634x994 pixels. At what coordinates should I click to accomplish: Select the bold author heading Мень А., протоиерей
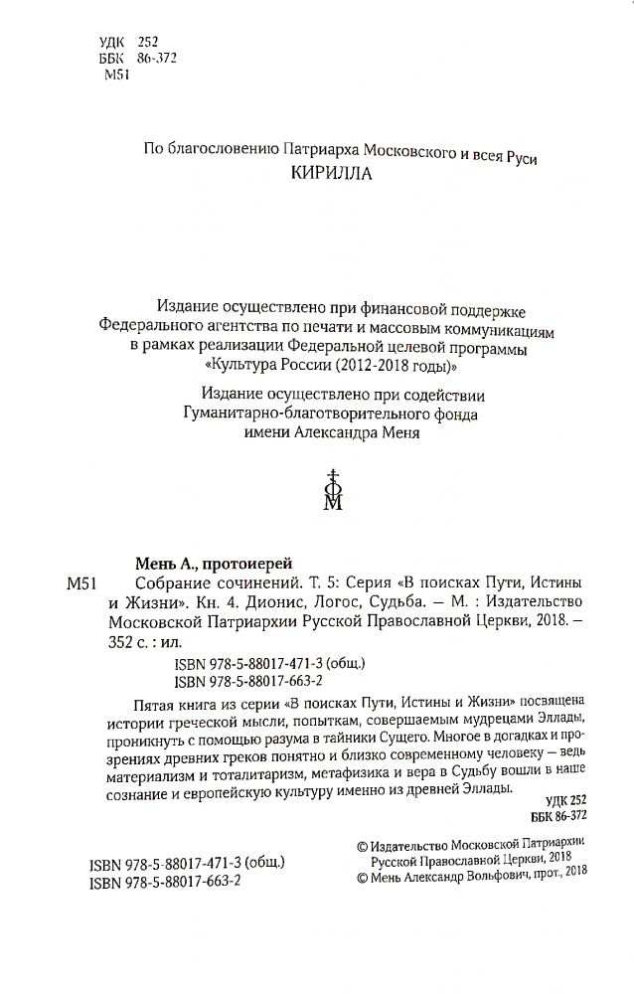click(204, 561)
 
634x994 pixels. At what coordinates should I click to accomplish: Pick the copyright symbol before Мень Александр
click(361, 878)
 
